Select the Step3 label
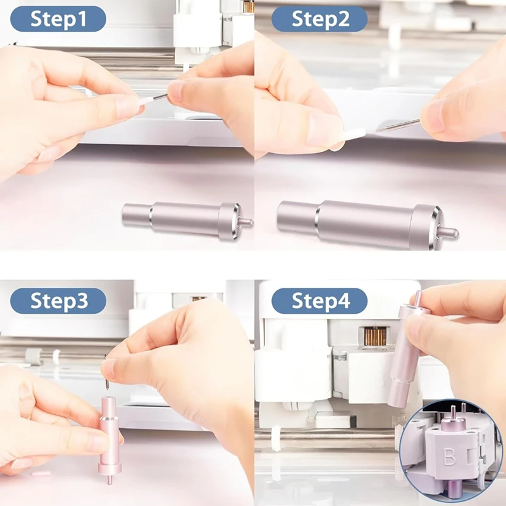(x=58, y=301)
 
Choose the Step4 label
(x=319, y=301)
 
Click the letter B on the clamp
(x=449, y=457)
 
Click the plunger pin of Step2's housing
(x=448, y=233)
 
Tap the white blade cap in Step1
(x=147, y=100)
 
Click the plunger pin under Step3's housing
(x=109, y=480)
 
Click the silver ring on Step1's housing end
(x=235, y=222)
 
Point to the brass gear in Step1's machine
(x=248, y=6)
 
